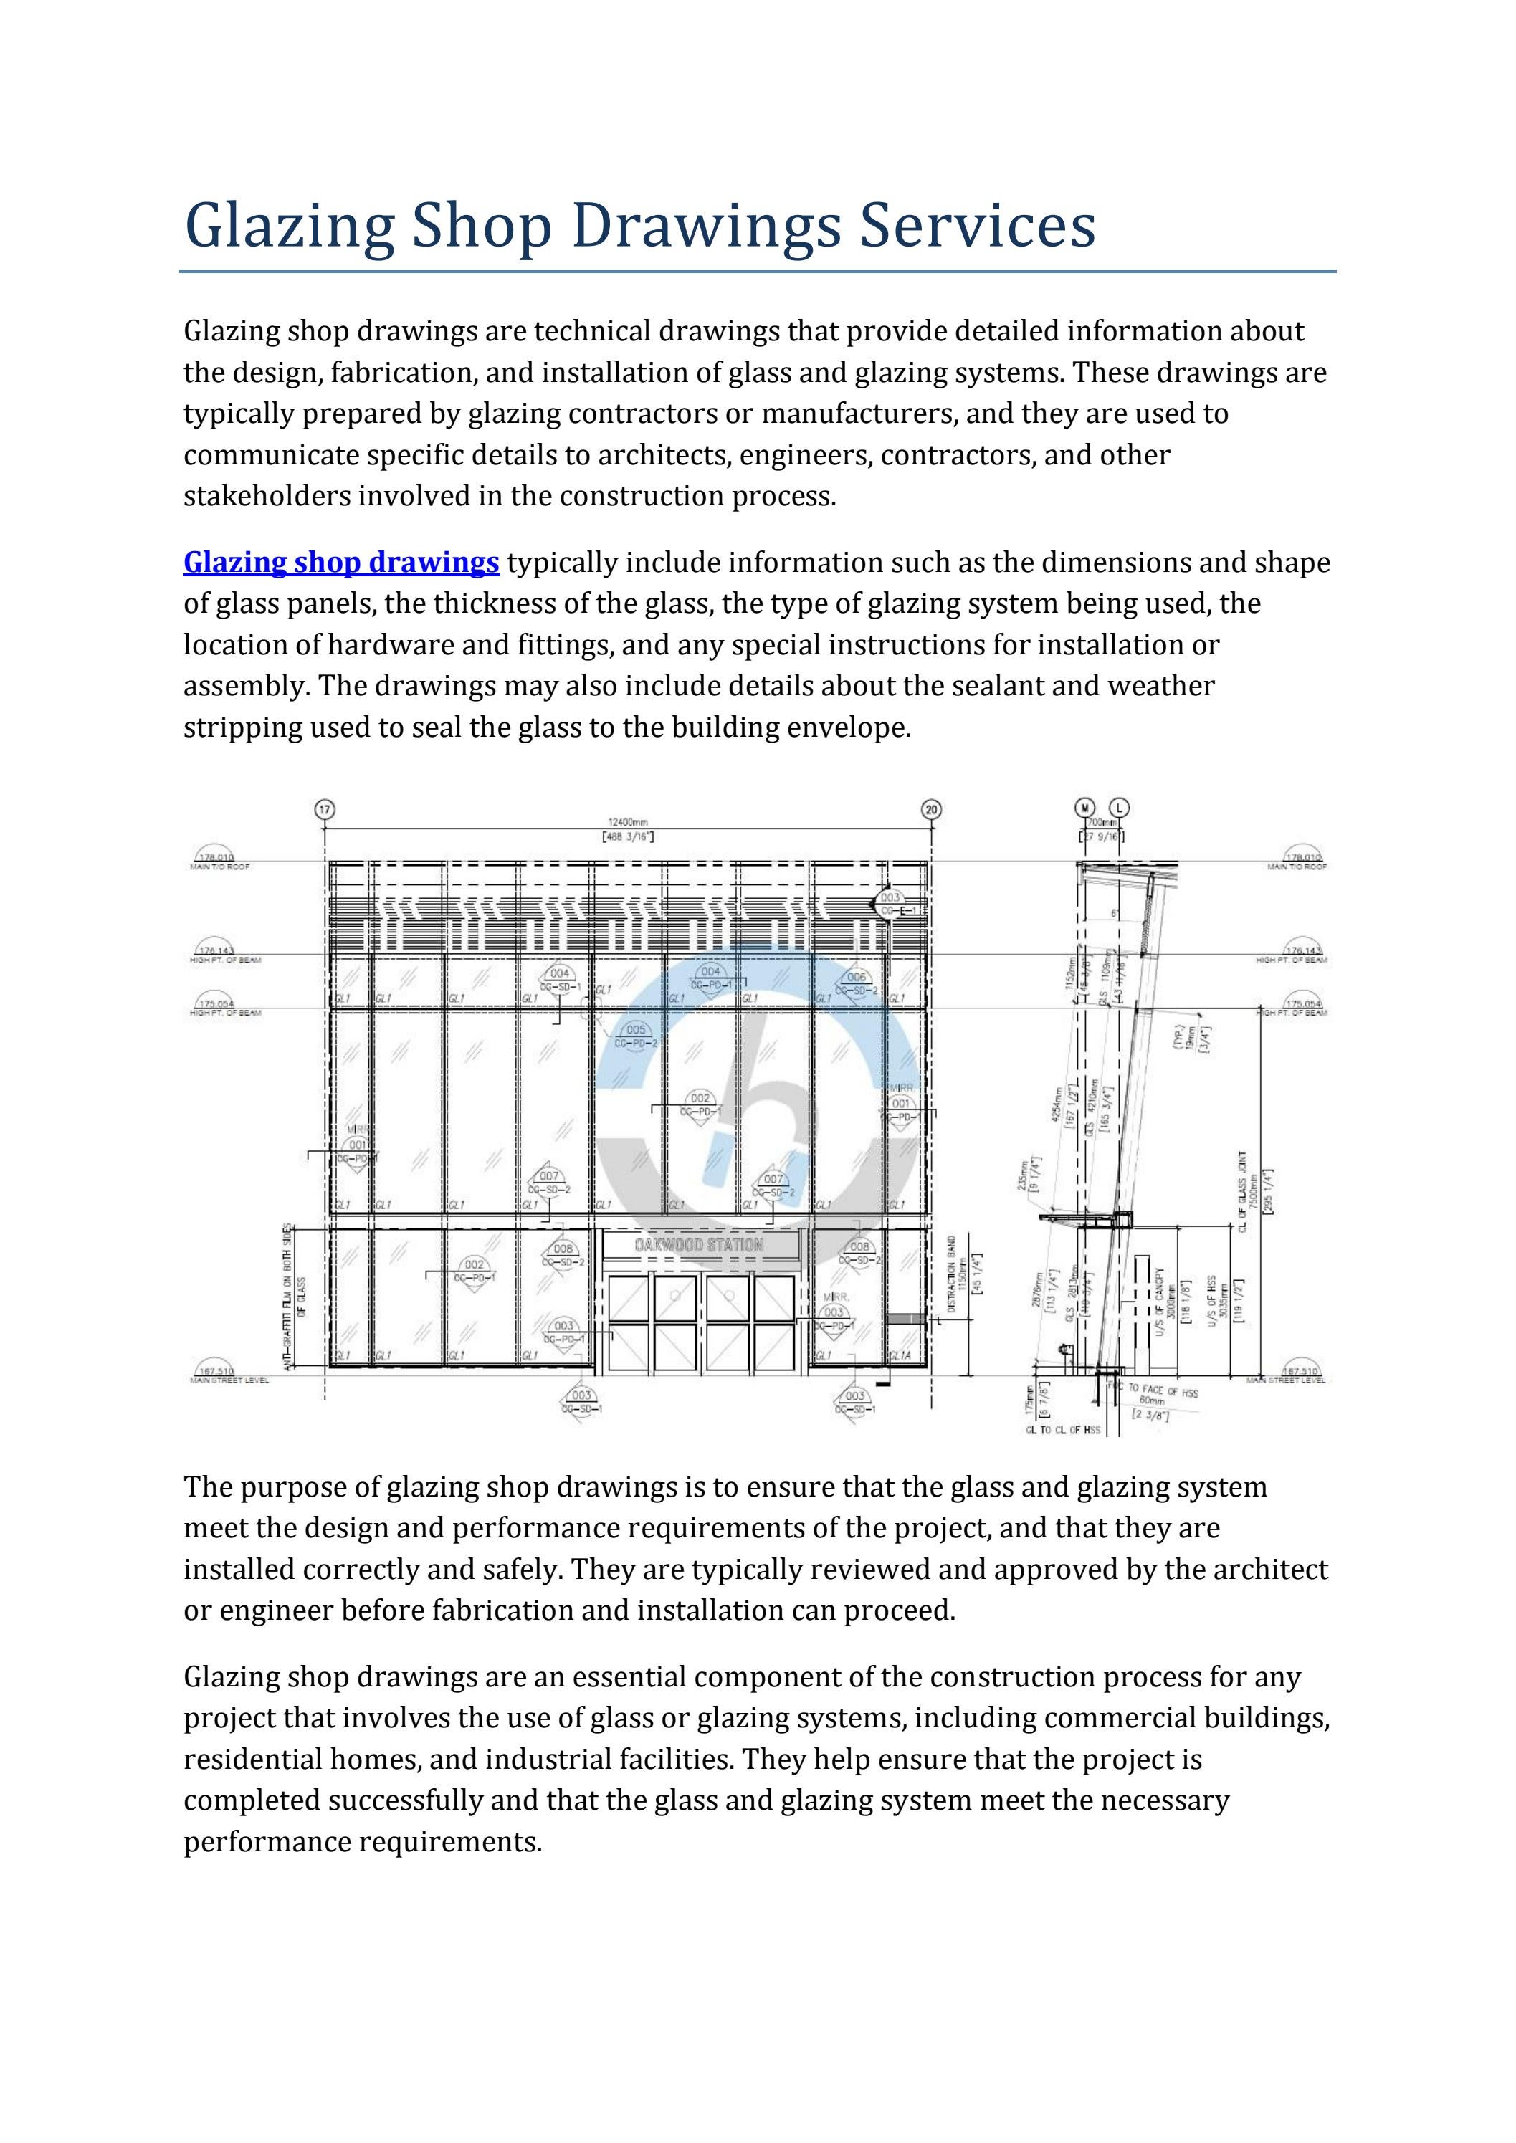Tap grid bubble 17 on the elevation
coord(325,809)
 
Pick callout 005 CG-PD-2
coord(636,1036)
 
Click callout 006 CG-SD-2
coord(857,983)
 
